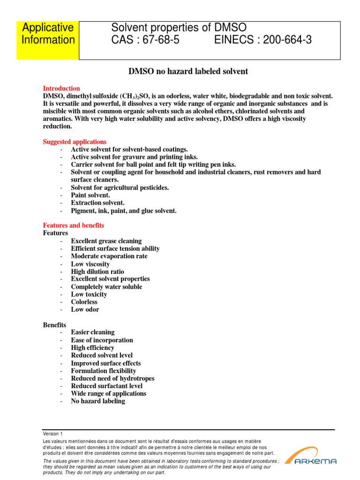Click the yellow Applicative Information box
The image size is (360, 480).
pos(48,40)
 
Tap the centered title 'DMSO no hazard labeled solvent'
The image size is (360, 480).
pos(188,71)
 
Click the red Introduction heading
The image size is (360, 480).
pos(61,88)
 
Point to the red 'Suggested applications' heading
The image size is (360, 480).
pos(75,142)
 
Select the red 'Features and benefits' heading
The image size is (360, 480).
pos(74,225)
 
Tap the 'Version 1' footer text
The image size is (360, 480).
pos(52,434)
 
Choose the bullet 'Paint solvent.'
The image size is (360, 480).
pos(90,195)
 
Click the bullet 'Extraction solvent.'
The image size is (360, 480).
pos(98,202)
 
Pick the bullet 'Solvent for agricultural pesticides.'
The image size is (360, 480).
pos(120,187)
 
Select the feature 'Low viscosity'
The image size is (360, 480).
pos(90,264)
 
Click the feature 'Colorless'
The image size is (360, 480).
pos(84,302)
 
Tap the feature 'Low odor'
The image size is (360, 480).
pos(85,309)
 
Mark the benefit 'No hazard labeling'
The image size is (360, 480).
pos(98,401)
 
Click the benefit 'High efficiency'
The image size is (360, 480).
pos(92,348)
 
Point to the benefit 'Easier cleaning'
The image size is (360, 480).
pos(92,332)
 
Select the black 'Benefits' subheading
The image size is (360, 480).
pos(55,324)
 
